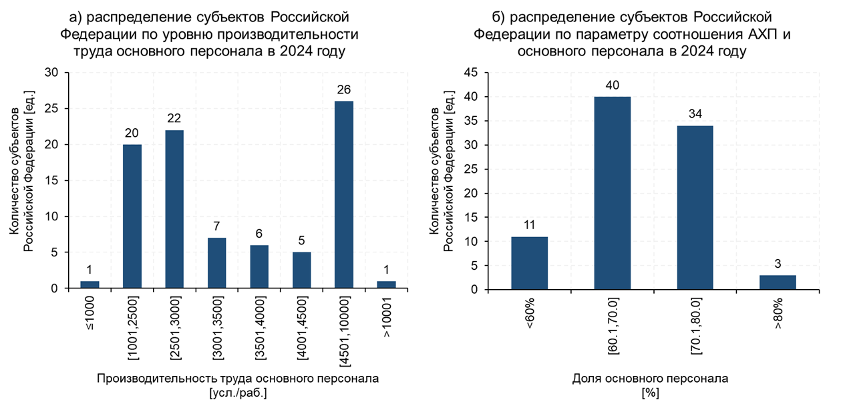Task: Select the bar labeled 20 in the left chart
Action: coord(132,216)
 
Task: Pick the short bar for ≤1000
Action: coord(90,285)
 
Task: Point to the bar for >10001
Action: coord(386,285)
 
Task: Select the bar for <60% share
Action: coord(529,263)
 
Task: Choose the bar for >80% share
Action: coord(778,282)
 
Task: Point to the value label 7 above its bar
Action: coord(216,226)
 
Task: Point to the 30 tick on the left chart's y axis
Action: coord(52,73)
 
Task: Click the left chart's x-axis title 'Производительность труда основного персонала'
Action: coord(238,379)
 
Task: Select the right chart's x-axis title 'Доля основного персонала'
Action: coord(650,379)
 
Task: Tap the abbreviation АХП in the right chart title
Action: coord(759,33)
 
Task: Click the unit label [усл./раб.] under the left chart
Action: coord(238,393)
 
